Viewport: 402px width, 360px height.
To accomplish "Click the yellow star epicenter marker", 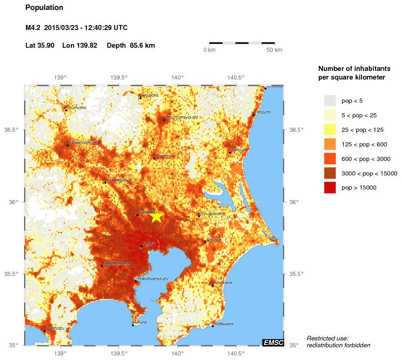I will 156,216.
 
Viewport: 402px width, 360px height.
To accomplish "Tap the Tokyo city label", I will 150,244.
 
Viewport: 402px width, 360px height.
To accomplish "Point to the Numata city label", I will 77,108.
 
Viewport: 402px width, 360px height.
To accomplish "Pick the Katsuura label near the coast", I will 224,324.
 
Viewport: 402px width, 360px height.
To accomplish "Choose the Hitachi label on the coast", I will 263,112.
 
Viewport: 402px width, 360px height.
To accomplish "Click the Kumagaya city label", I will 119,180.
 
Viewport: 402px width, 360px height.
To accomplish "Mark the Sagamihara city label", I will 117,263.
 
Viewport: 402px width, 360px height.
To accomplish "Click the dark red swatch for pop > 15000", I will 330,187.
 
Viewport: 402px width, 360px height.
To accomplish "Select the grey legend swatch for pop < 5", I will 330,100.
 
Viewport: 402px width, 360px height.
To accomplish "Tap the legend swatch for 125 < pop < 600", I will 330,144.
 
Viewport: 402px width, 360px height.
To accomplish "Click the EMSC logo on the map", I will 273,343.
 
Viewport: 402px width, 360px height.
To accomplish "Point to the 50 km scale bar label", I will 274,50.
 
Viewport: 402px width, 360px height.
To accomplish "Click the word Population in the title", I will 44,8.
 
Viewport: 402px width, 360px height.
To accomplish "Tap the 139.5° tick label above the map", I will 119,77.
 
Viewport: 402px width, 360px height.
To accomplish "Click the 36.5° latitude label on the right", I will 296,130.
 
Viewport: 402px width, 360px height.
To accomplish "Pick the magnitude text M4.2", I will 33,28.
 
